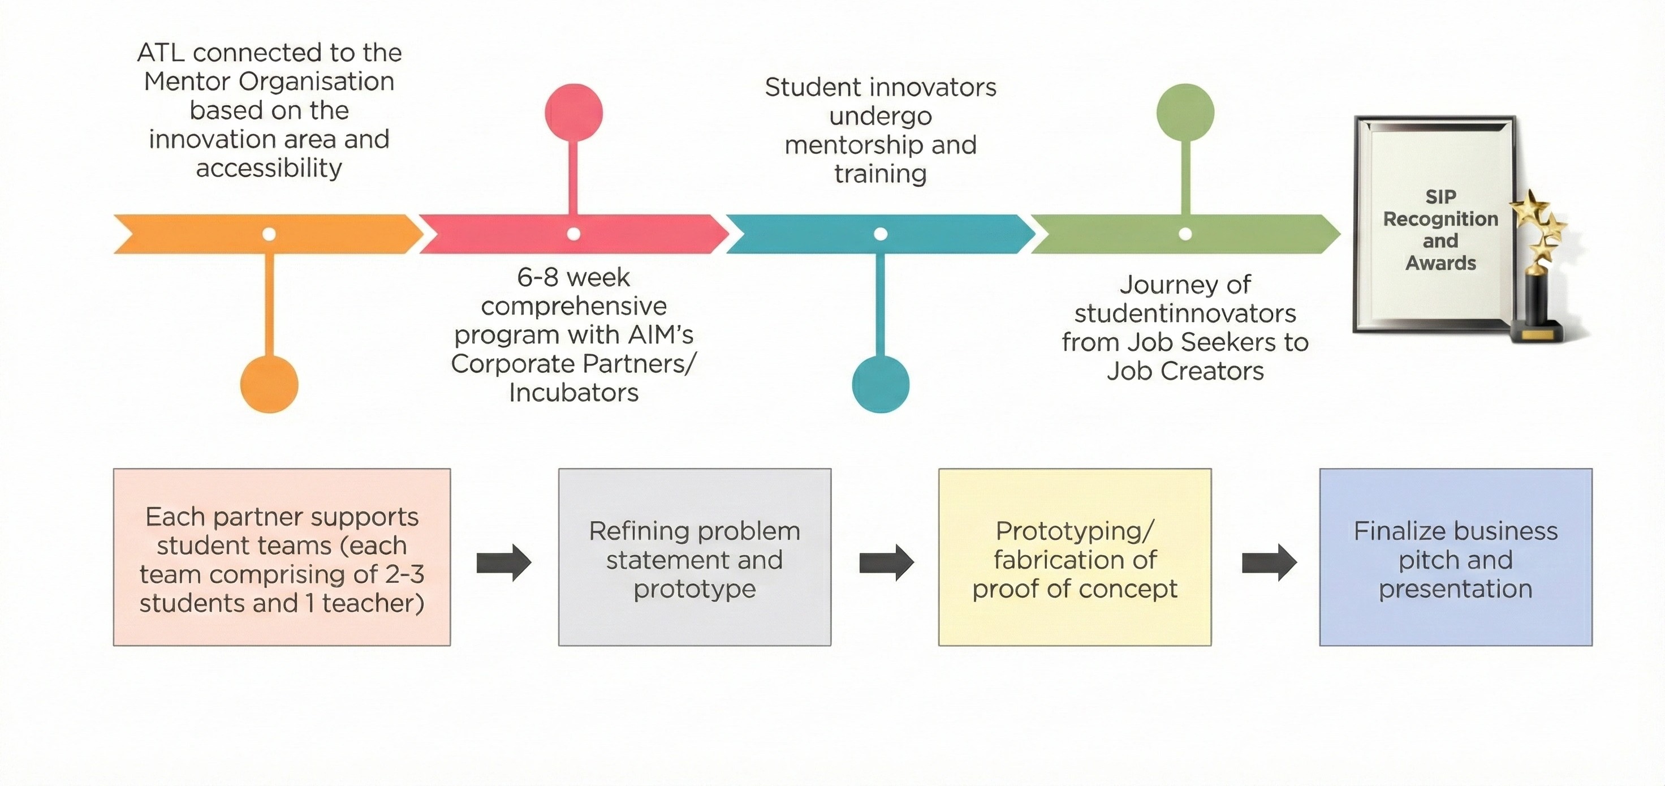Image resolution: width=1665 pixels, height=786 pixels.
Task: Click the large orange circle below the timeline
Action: [269, 384]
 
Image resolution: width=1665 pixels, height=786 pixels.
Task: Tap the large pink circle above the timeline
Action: [573, 113]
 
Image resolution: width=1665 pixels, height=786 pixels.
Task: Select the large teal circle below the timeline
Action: [881, 384]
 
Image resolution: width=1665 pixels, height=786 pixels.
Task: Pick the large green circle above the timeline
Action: [1185, 113]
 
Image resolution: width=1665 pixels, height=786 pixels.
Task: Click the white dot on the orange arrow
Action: [269, 234]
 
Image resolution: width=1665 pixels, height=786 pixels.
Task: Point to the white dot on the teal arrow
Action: [881, 234]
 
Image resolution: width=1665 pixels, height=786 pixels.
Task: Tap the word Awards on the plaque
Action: [1440, 263]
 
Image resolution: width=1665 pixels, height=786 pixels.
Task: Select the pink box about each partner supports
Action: [282, 557]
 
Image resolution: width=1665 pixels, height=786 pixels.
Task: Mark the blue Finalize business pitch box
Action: [1456, 557]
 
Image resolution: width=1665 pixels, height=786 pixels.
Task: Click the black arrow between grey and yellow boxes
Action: [886, 562]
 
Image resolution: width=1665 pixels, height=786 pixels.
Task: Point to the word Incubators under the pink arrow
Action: [573, 393]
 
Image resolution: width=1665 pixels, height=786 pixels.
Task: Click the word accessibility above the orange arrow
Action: [269, 168]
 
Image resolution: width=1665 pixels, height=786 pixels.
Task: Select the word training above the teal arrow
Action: [881, 174]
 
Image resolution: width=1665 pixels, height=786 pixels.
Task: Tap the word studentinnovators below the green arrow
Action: [1185, 313]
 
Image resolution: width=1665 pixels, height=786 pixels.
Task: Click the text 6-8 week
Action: [573, 277]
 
